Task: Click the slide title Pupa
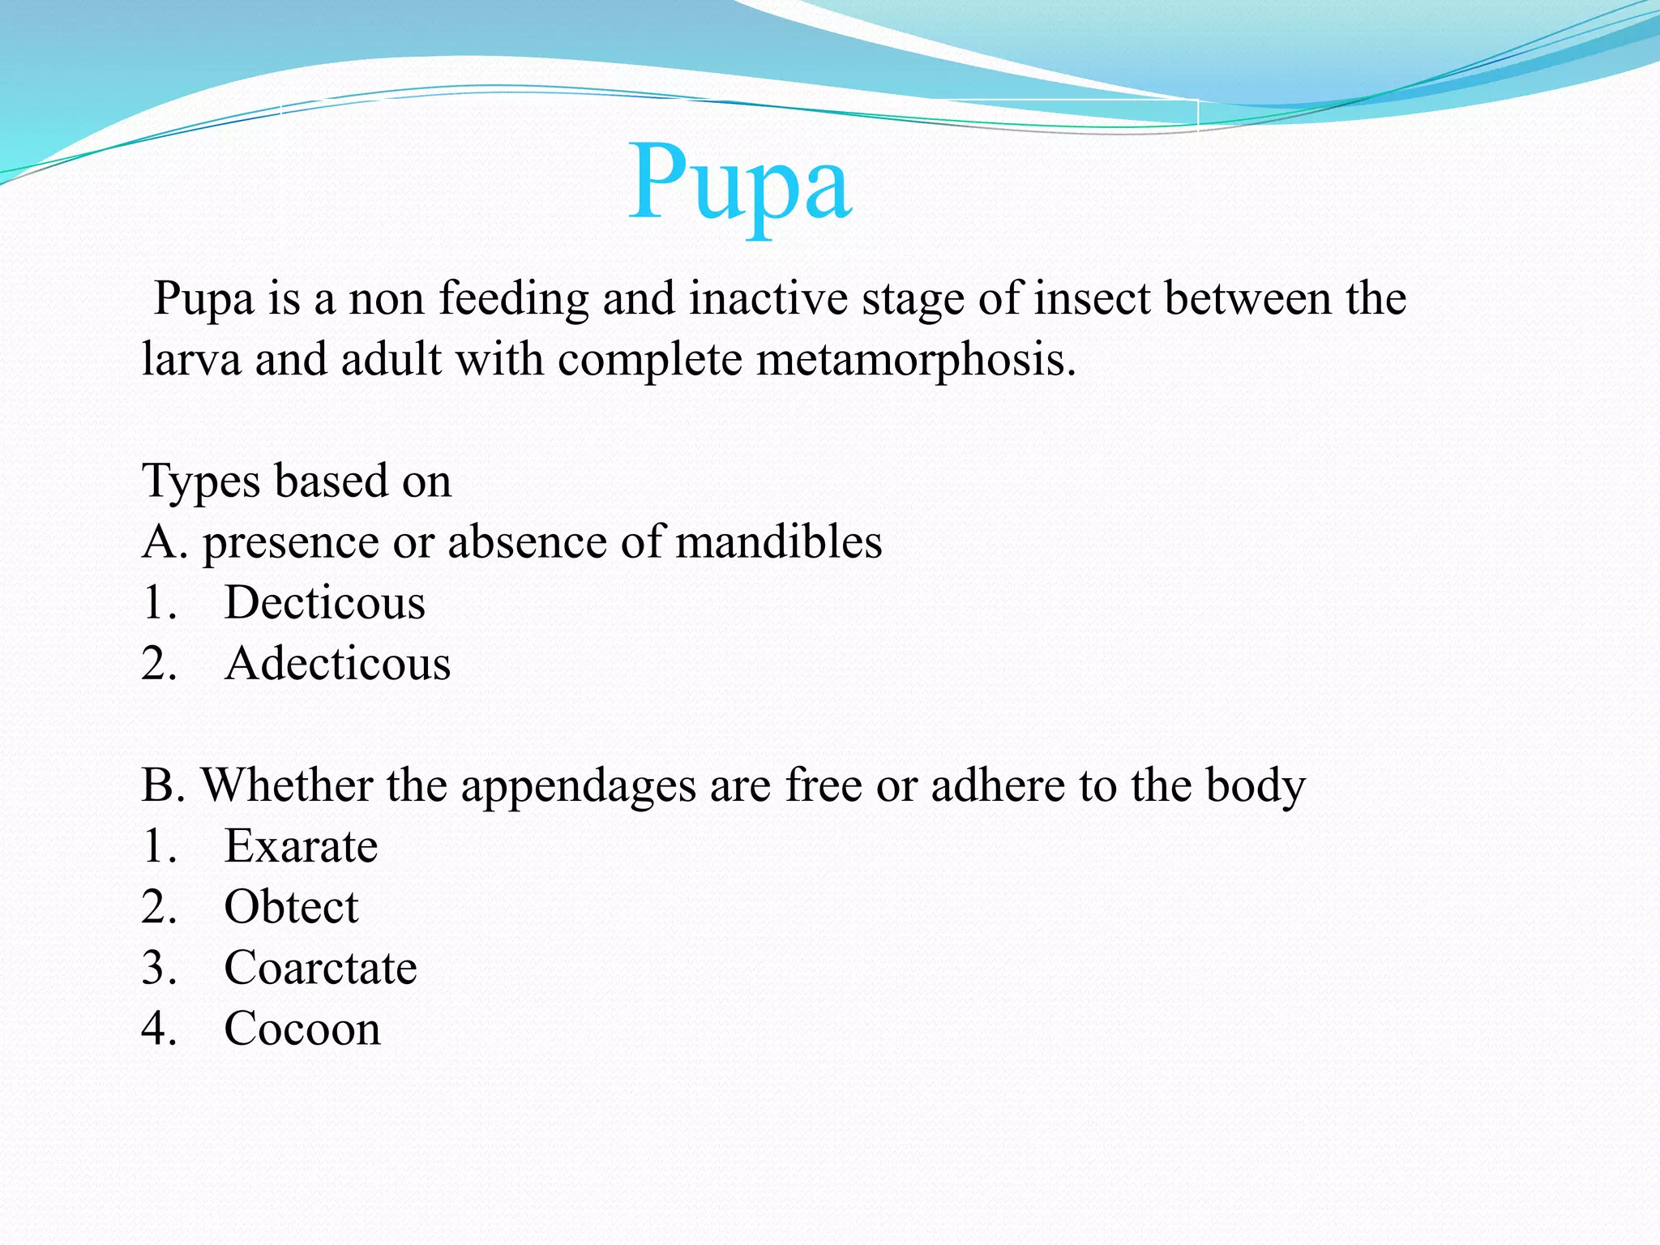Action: coord(740,182)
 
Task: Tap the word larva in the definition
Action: coord(190,359)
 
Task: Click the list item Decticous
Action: coord(324,603)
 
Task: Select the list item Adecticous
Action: coord(337,664)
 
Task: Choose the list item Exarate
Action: coord(301,846)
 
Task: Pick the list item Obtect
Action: coord(291,907)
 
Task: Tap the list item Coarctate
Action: coord(320,968)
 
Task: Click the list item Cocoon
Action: coord(302,1029)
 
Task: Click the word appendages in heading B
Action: coord(578,786)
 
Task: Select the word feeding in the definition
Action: coord(514,298)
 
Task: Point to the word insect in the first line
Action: coord(1092,298)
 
